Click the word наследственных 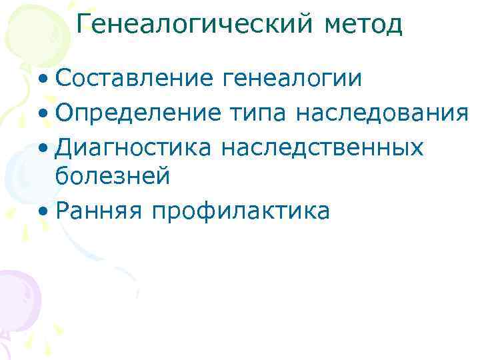coord(322,146)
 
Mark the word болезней coord(113,177)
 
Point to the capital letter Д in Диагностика coord(65,146)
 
